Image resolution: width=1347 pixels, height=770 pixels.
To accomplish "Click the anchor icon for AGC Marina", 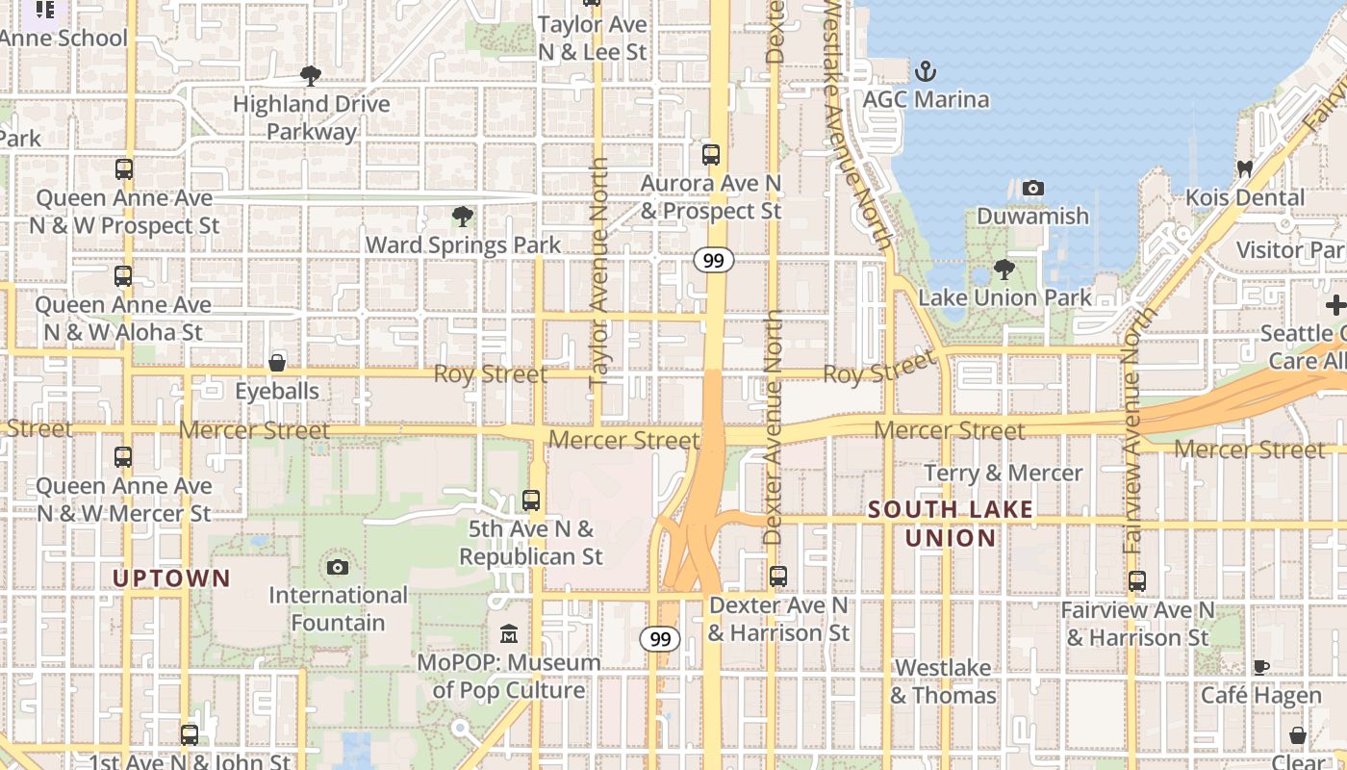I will [925, 71].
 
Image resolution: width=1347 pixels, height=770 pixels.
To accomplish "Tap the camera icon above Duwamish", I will [1032, 188].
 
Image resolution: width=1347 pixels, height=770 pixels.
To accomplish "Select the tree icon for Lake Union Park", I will [1004, 269].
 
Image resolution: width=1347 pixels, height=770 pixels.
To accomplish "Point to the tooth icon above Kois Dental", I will [1244, 169].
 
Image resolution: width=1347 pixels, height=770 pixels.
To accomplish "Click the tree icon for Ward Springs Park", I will [462, 217].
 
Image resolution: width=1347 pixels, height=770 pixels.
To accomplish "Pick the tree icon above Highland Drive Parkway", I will [310, 75].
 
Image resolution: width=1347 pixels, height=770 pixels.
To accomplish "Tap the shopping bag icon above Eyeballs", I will [277, 363].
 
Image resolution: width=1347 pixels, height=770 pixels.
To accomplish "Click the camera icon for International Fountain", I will [338, 567].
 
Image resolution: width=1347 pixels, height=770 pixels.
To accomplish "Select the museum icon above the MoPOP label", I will [509, 634].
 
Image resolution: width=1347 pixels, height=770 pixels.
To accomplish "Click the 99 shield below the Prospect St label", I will [713, 260].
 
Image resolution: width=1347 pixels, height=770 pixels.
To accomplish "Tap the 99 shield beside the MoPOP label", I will [659, 638].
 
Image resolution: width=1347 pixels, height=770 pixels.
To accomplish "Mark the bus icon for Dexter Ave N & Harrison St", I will [778, 577].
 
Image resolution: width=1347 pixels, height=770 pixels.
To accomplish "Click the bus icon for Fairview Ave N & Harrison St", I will [1137, 581].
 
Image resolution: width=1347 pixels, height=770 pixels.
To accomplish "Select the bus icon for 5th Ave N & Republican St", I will [531, 500].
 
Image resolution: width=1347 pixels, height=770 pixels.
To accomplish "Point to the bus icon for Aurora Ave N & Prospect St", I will [711, 154].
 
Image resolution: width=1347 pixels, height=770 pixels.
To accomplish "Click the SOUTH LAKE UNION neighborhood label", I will [951, 524].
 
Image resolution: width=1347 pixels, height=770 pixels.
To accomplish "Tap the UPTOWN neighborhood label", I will [171, 578].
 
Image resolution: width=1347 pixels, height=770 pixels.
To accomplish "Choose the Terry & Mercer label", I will [1004, 473].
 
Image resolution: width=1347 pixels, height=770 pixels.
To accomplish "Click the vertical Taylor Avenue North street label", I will [598, 271].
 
